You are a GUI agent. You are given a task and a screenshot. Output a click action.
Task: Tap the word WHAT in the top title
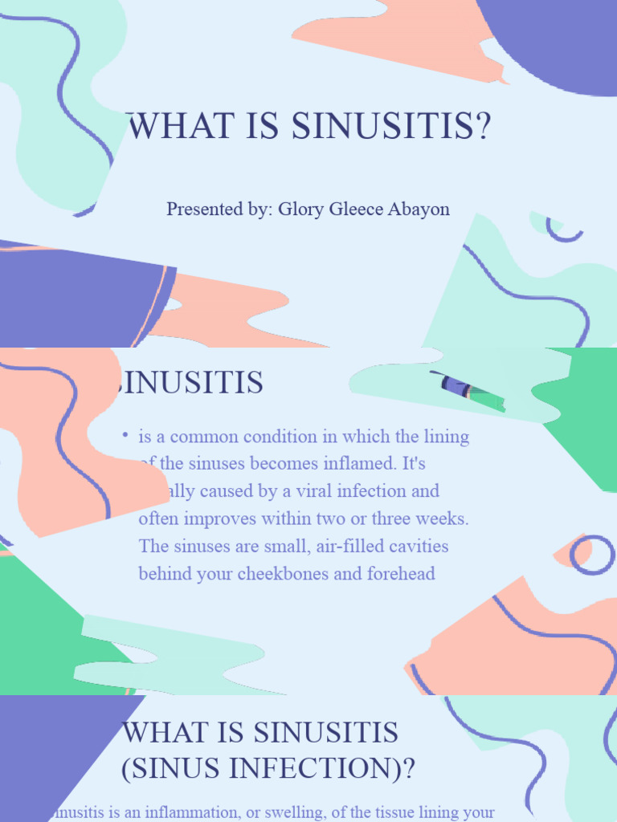click(x=168, y=128)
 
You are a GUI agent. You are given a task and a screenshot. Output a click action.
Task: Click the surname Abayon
click(x=419, y=210)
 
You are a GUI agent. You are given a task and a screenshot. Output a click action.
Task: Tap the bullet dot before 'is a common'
click(x=125, y=434)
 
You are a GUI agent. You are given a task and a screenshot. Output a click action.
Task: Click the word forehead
click(x=398, y=574)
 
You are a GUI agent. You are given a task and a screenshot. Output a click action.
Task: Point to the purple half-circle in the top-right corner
click(x=558, y=40)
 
